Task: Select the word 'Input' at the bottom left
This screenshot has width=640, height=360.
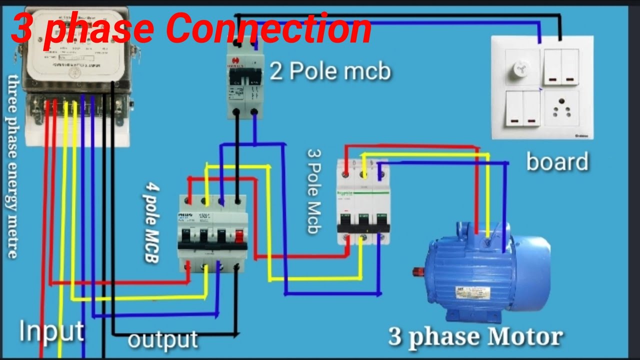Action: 51,331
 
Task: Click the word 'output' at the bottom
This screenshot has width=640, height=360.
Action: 163,339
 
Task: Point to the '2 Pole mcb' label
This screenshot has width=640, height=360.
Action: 330,71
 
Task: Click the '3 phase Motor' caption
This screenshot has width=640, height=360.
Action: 475,337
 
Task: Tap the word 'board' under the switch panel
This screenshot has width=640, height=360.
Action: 557,162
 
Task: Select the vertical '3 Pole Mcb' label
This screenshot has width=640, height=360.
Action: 313,191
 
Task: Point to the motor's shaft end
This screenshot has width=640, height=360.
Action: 415,271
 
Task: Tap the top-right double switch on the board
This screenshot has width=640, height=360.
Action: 561,66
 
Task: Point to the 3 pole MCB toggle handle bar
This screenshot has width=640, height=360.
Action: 363,228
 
